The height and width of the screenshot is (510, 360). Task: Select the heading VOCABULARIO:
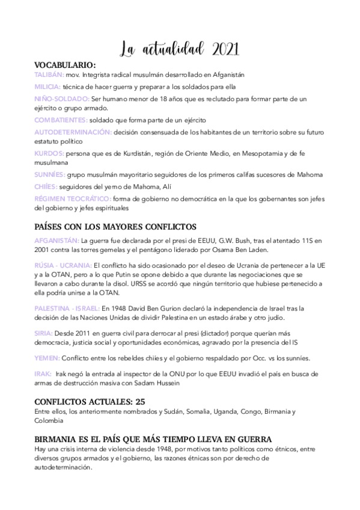click(65, 64)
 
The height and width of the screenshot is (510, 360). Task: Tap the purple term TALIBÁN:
click(50, 75)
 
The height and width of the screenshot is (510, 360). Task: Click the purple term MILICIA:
click(47, 87)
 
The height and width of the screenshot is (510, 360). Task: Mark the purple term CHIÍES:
click(46, 186)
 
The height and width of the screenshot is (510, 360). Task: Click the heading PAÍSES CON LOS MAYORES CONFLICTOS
click(115, 227)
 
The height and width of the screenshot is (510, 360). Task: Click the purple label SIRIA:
click(44, 333)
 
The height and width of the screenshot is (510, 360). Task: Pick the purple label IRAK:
click(43, 373)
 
